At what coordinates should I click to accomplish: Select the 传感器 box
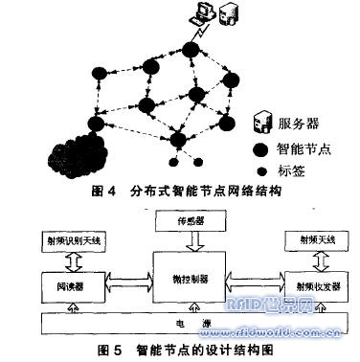tap(179, 221)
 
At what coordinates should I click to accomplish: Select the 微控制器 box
tap(180, 278)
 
